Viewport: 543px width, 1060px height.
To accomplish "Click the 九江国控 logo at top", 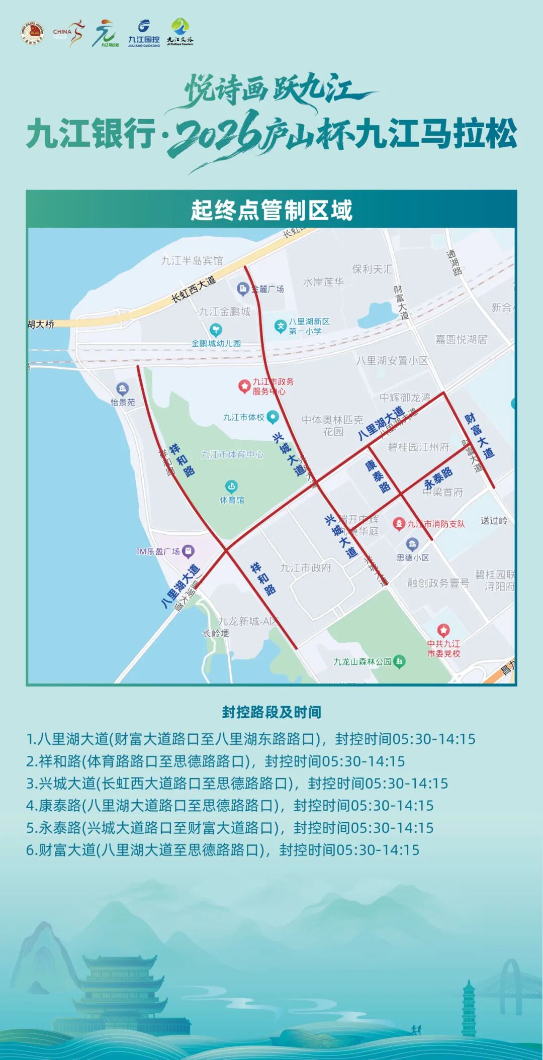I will pyautogui.click(x=144, y=33).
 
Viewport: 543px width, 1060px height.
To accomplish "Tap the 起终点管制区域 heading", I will pyautogui.click(x=271, y=210).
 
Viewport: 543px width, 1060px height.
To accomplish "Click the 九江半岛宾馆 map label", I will pyautogui.click(x=192, y=260).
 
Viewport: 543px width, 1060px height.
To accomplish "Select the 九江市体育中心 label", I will pyautogui.click(x=232, y=454).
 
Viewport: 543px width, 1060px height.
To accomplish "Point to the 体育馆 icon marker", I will pyautogui.click(x=231, y=486).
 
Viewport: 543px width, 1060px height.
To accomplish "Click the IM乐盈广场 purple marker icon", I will pyautogui.click(x=188, y=551).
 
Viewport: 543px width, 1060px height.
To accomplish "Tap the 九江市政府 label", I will pyautogui.click(x=305, y=568).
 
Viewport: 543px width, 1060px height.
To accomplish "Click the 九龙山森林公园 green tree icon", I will pyautogui.click(x=399, y=661).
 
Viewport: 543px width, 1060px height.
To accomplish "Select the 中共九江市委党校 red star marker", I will pyautogui.click(x=443, y=630).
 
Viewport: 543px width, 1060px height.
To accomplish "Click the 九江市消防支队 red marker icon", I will pyautogui.click(x=399, y=524).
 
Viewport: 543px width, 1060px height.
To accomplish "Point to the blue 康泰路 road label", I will pyautogui.click(x=378, y=475).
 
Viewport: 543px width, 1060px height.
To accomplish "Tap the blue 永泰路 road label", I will pyautogui.click(x=438, y=477).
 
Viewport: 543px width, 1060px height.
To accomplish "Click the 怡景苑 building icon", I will pyautogui.click(x=122, y=389).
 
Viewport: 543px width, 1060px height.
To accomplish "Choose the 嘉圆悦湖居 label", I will pyautogui.click(x=461, y=339).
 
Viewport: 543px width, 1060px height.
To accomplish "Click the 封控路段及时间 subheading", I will pyautogui.click(x=271, y=712).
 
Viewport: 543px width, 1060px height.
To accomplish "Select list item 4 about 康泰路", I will pyautogui.click(x=229, y=805).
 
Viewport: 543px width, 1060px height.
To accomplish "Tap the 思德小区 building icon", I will pyautogui.click(x=412, y=544).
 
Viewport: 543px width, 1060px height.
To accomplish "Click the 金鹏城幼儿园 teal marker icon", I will pyautogui.click(x=216, y=330).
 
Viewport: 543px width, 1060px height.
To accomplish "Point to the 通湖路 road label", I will pyautogui.click(x=455, y=262).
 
